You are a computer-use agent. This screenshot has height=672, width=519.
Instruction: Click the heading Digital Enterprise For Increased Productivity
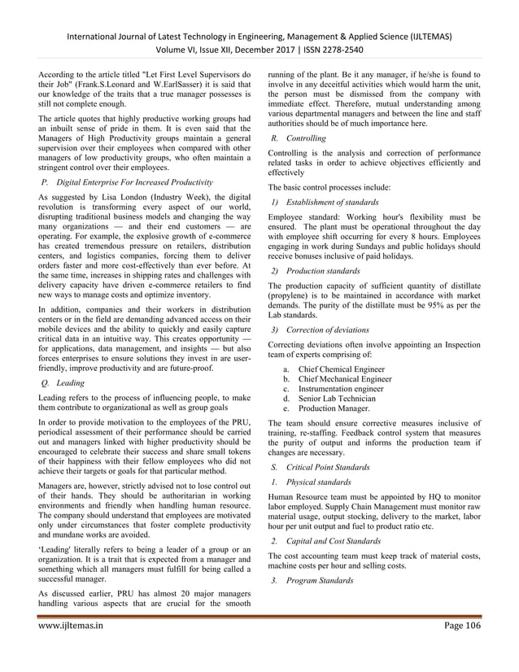click(x=137, y=181)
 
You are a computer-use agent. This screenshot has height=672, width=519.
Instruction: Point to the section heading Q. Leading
click(x=68, y=381)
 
